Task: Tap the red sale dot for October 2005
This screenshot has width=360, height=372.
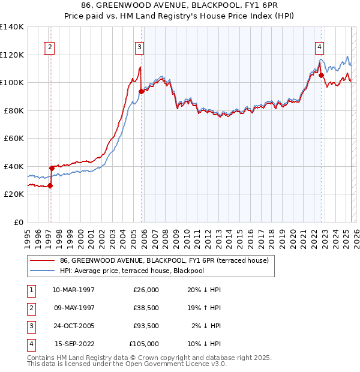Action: click(142, 91)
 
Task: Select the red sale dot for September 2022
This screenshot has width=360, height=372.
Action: click(321, 76)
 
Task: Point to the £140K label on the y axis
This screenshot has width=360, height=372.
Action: click(12, 27)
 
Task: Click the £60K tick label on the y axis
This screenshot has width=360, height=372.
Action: click(14, 139)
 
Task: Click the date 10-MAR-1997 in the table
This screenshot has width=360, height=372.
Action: click(73, 290)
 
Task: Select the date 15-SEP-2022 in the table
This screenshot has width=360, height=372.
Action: click(74, 344)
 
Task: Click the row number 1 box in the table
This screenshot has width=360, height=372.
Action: click(30, 290)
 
